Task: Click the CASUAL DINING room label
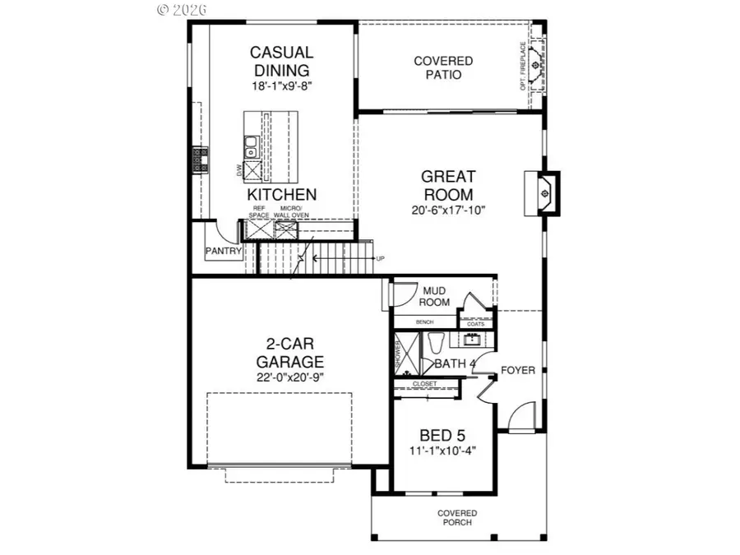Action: pos(281,62)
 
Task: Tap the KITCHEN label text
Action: pos(282,195)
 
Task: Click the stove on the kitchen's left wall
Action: pos(198,160)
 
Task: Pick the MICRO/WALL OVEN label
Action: pos(287,211)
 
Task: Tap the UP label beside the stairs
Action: pos(380,258)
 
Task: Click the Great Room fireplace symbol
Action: pos(543,192)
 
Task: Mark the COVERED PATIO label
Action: pos(443,67)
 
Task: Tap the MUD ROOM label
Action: pos(436,296)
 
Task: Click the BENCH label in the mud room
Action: pos(424,322)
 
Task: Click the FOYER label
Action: pos(518,370)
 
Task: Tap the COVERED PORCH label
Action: pos(456,519)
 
